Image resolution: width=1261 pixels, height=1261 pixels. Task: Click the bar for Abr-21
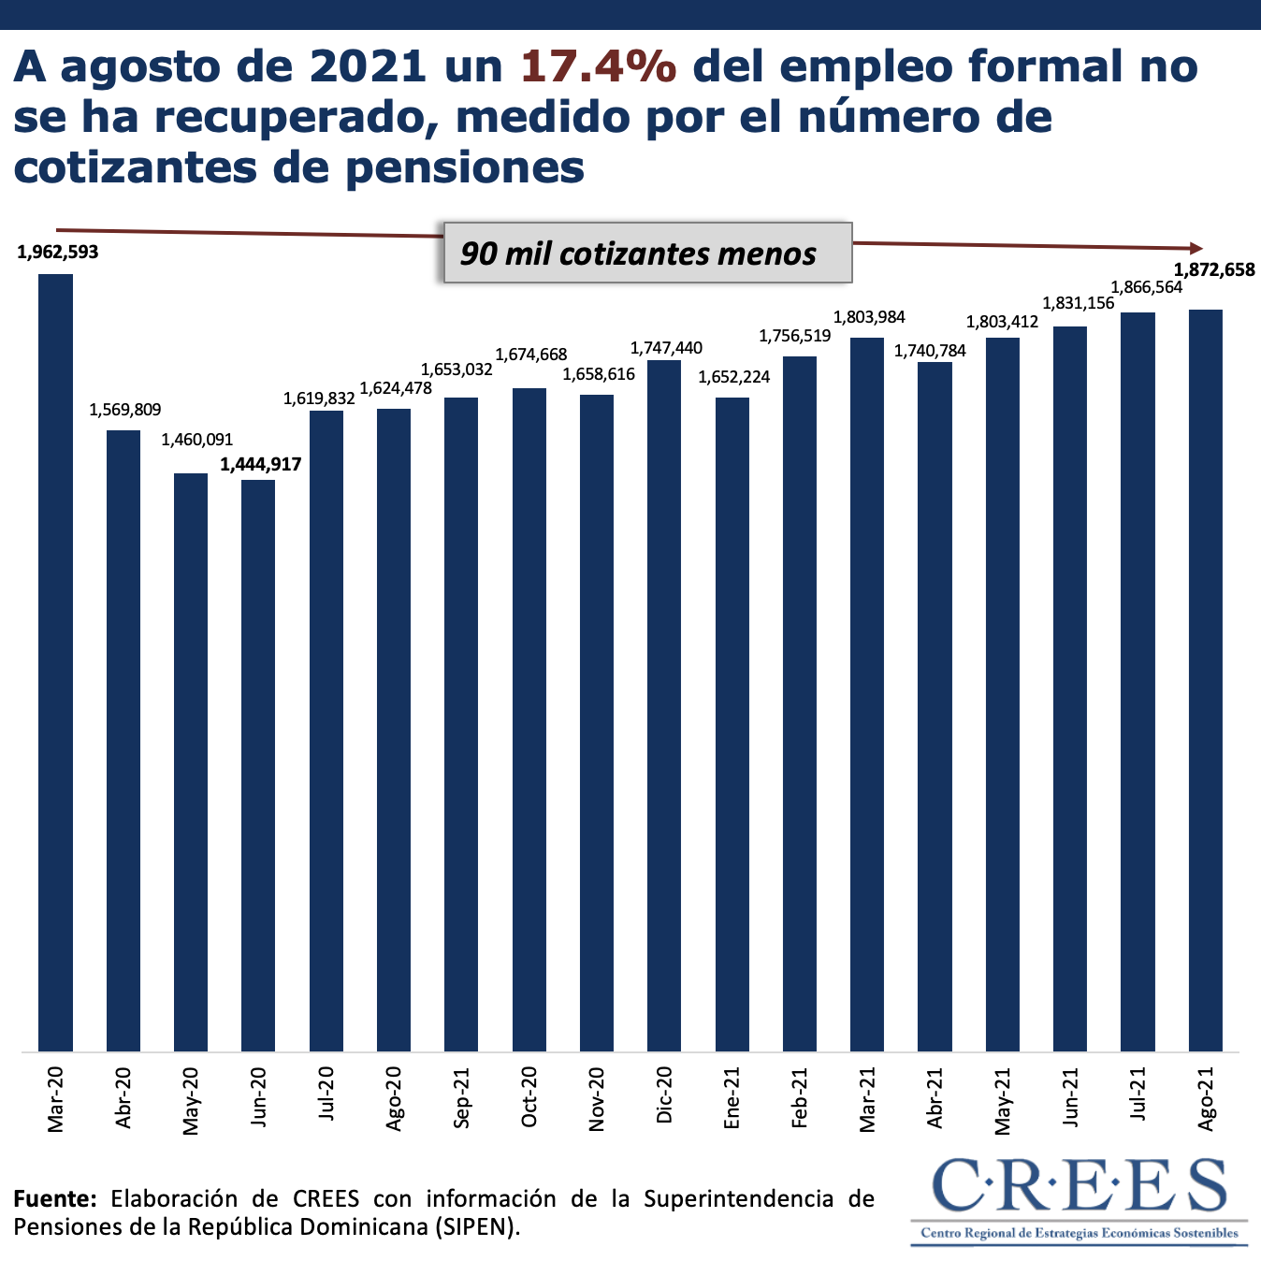pos(935,706)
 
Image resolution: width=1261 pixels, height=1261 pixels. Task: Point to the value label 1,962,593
pos(57,252)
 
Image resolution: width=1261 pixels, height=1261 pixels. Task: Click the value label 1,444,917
pos(261,463)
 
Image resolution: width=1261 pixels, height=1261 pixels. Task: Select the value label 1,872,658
pos(1213,270)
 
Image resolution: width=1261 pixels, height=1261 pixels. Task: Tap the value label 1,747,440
pos(666,348)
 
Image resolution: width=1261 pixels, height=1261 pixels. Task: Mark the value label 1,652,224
pos(734,377)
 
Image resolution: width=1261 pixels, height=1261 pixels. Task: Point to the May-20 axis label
pos(191,1101)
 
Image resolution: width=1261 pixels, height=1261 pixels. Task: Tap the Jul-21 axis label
pos(1138,1094)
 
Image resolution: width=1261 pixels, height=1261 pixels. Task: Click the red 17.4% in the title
pos(598,66)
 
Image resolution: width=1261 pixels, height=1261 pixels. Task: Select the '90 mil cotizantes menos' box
pos(646,253)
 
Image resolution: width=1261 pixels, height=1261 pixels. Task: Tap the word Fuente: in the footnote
pos(54,1198)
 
